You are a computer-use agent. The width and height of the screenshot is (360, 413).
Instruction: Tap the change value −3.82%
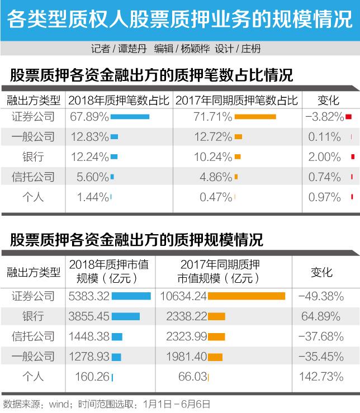click(x=324, y=117)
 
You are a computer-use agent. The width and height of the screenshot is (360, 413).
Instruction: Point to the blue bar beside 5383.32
click(x=131, y=296)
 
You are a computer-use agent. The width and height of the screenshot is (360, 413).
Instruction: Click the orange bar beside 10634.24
click(x=247, y=296)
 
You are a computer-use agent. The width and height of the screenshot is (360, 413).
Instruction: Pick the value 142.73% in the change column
click(x=321, y=377)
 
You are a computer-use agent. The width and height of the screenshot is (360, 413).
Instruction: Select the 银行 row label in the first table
click(x=33, y=157)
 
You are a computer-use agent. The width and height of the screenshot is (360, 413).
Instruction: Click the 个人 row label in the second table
click(x=33, y=377)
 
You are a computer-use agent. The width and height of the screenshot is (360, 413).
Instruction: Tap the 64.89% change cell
click(x=321, y=316)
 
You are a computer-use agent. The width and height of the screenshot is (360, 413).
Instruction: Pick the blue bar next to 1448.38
click(x=117, y=336)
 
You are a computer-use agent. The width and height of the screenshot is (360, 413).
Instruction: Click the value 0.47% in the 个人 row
click(x=216, y=197)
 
